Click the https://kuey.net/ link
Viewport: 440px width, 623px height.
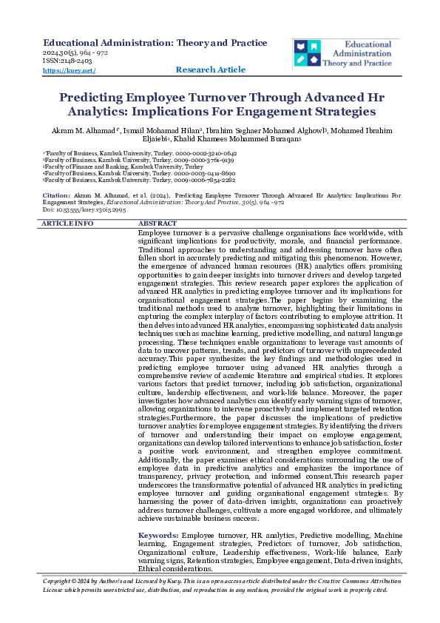click(70, 70)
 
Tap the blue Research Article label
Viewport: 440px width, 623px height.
click(211, 70)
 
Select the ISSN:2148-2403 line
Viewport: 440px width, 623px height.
click(68, 62)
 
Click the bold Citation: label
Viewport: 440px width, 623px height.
click(56, 194)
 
